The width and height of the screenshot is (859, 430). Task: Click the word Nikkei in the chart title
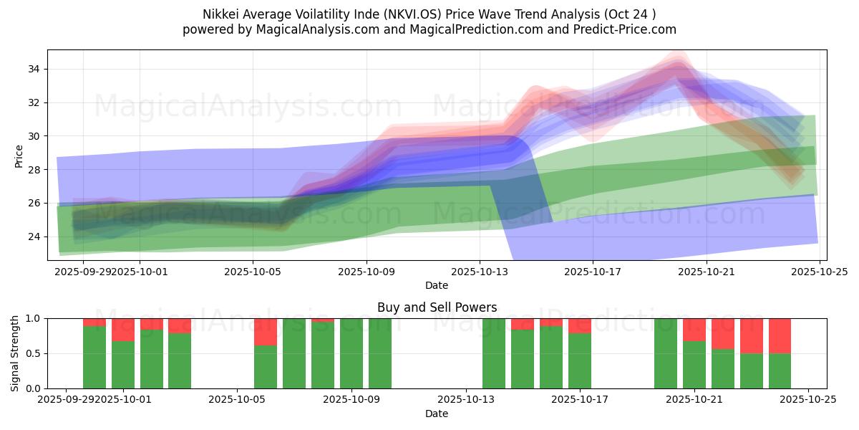point(222,14)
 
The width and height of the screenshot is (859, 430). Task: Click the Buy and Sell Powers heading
point(437,307)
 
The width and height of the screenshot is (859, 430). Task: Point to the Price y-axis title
point(19,156)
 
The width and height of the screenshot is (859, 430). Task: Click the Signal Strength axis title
point(15,353)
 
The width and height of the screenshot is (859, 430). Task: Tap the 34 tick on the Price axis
point(34,70)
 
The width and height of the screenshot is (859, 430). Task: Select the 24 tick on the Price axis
point(34,236)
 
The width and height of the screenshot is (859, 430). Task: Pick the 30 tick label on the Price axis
point(34,136)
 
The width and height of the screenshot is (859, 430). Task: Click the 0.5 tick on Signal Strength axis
point(30,353)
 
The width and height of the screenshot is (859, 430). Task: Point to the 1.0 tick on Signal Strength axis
point(30,318)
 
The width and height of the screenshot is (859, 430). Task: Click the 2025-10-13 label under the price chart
point(479,272)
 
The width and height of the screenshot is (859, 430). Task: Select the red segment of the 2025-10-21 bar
point(694,329)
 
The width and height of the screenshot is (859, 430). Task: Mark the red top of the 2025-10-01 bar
point(123,329)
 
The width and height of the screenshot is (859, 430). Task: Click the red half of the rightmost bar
point(780,335)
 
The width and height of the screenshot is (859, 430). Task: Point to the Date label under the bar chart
point(437,414)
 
